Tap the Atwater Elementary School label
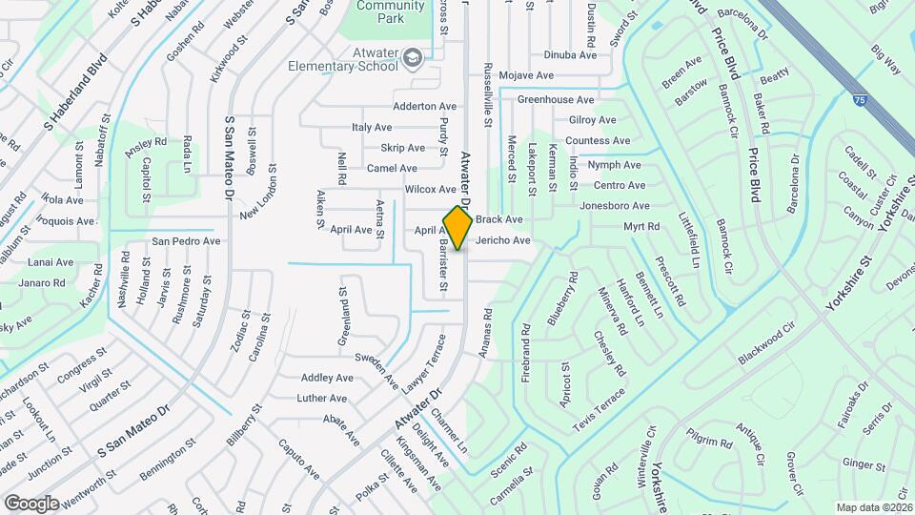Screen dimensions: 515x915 [345, 59]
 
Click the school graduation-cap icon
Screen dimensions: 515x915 [412, 58]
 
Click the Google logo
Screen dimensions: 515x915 [31, 503]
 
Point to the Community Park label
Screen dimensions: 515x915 [391, 11]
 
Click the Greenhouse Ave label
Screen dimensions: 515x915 [556, 99]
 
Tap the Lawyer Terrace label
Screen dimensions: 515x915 [422, 364]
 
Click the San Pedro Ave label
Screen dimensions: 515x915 [186, 240]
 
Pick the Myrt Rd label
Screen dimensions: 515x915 [641, 226]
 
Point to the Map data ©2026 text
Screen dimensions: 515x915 [874, 507]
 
